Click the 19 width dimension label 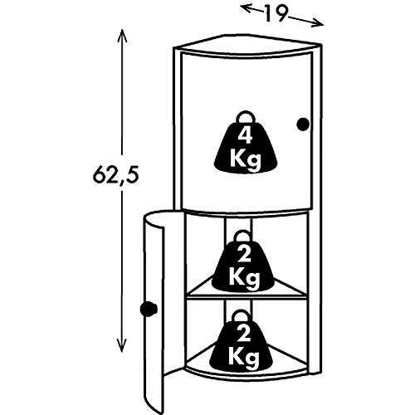[x=275, y=13]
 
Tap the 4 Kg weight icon [x=246, y=142]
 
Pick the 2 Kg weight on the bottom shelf [x=242, y=341]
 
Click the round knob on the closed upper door [x=303, y=124]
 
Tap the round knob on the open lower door [x=149, y=308]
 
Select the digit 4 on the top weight [x=246, y=136]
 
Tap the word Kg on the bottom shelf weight [x=243, y=359]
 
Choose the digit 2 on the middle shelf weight [x=244, y=255]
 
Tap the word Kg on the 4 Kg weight [x=246, y=160]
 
